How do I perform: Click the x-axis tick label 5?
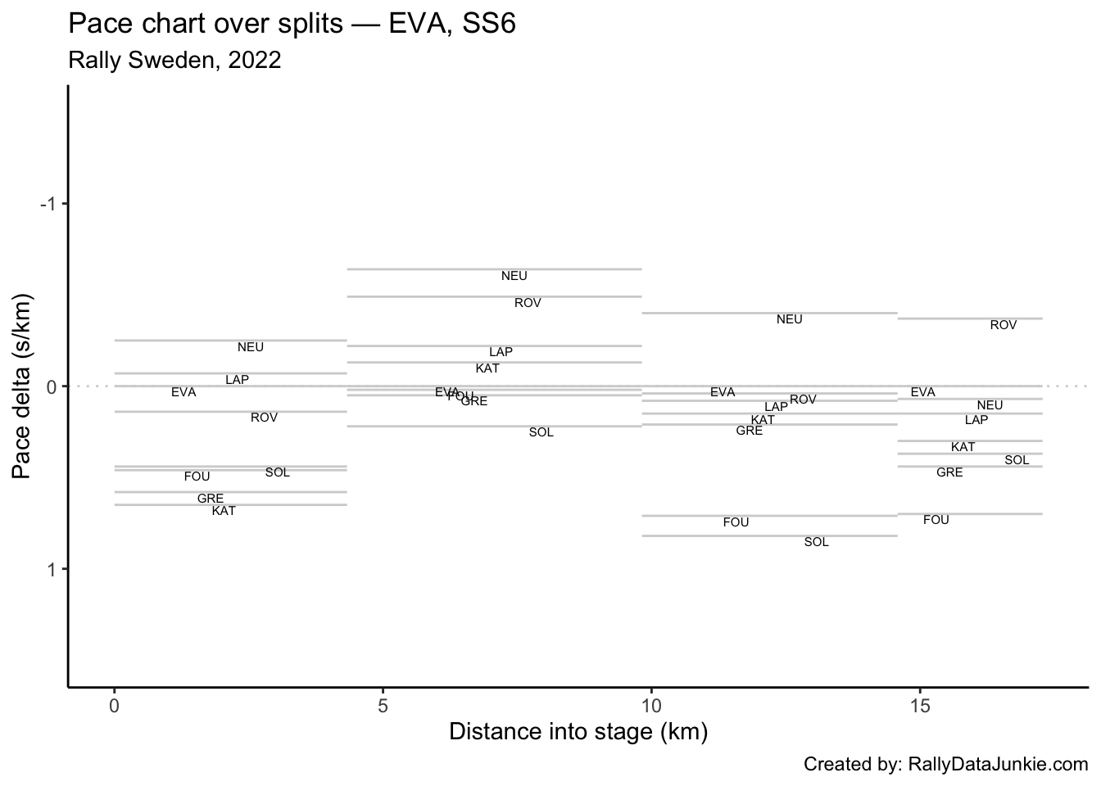click(383, 706)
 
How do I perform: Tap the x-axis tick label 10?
click(651, 706)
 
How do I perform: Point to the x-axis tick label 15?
click(920, 706)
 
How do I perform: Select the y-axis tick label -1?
click(48, 204)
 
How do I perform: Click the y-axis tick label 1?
click(52, 570)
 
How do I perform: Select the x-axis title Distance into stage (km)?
click(578, 731)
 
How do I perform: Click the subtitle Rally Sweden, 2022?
click(175, 60)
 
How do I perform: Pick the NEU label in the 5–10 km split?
click(514, 277)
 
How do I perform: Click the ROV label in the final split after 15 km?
click(1004, 325)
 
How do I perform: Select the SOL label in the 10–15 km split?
click(817, 542)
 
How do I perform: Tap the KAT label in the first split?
click(224, 511)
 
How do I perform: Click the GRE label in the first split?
click(211, 499)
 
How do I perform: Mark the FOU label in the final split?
click(936, 520)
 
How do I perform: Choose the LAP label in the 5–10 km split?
click(501, 352)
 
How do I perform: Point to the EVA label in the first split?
click(183, 392)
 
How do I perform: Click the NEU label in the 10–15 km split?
click(790, 319)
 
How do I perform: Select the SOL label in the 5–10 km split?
click(541, 432)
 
